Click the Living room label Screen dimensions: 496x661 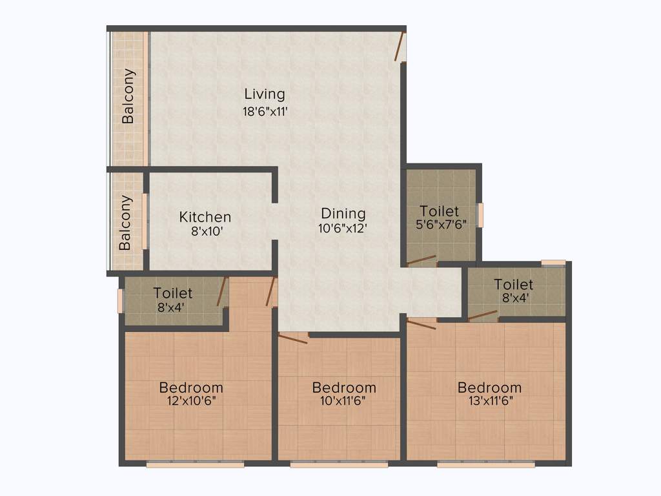tap(264, 94)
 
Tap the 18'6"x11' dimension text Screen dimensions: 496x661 tap(264, 111)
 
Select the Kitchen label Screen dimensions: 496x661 tap(205, 217)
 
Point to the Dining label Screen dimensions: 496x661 tap(343, 213)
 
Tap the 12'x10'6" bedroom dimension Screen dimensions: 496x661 tap(191, 400)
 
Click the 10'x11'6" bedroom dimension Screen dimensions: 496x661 tap(343, 400)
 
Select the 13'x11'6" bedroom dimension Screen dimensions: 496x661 tap(489, 400)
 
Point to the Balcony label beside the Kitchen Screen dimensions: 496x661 tap(125, 223)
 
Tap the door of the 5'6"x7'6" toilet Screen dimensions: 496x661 tap(422, 260)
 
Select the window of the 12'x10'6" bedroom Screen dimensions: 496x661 tap(195, 464)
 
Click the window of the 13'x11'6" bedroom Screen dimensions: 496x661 tap(485, 464)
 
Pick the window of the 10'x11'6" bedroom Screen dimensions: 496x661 tap(339, 464)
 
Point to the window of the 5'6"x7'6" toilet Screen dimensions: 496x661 tap(480, 215)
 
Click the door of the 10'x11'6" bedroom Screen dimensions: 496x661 tap(293, 338)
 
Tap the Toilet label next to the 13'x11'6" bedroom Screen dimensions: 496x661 tap(514, 284)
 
